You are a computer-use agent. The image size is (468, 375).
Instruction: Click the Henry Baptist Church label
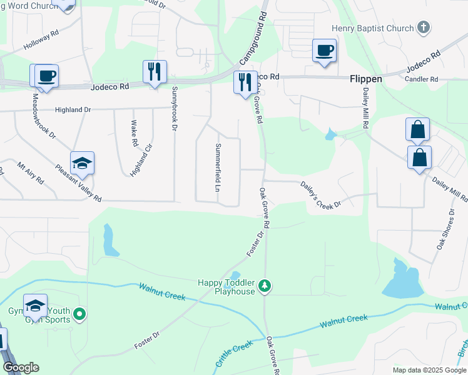coord(373,28)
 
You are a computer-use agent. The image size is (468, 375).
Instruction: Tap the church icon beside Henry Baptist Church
coord(424,27)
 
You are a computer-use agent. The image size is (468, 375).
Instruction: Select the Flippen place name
coord(365,80)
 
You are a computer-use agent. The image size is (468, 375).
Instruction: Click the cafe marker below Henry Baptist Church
coord(324,51)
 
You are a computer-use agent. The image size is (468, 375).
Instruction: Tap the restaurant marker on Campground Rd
coord(243,82)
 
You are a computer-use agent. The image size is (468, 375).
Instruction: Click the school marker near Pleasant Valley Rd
coord(82,164)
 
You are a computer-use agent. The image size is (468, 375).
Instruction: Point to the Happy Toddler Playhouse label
coord(226,287)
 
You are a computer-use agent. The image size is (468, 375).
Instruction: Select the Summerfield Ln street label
coord(218,167)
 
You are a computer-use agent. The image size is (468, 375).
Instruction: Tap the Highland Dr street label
coord(73,110)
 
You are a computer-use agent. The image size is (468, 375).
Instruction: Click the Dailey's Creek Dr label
coord(320,196)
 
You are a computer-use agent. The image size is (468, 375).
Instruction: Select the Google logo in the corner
coord(20,367)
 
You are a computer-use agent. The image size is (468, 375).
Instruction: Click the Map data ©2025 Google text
coord(429,370)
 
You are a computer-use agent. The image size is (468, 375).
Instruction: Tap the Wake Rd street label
coord(135,133)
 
